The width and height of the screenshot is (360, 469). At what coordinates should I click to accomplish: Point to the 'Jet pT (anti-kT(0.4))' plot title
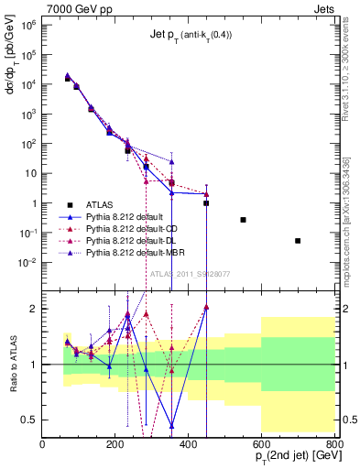click(189, 35)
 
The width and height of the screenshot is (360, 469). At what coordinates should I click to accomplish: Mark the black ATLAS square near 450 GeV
click(206, 203)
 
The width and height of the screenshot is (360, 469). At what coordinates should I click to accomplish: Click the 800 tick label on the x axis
click(334, 444)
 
